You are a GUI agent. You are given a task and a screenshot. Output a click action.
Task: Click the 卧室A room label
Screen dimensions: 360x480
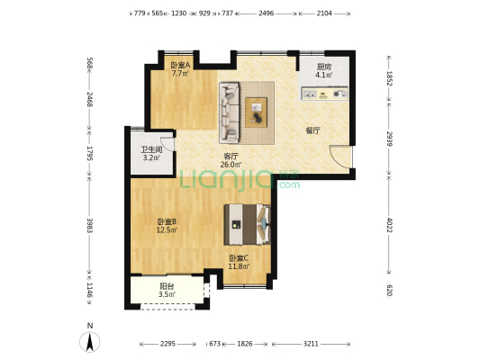tap(180, 66)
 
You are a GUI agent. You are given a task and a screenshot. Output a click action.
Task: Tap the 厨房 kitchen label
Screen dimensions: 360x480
tap(323, 67)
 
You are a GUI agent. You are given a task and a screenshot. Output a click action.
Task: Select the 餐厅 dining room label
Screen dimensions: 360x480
tap(312, 130)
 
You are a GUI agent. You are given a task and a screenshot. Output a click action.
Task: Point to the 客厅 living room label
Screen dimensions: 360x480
tap(231, 157)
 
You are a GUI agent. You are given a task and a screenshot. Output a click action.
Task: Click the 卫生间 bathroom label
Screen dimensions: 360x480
tap(151, 150)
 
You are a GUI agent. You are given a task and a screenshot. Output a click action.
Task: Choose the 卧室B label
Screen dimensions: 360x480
tap(167, 222)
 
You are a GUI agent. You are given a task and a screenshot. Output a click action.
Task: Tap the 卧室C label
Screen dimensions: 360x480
tap(238, 258)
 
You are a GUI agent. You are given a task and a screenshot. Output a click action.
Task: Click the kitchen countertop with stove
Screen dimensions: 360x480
tap(325, 93)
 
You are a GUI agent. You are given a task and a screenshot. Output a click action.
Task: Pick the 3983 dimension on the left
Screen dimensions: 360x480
tap(89, 225)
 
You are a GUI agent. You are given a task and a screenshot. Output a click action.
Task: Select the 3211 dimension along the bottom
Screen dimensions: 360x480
tap(312, 343)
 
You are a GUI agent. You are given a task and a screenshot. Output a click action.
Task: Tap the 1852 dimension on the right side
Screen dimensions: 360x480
tap(389, 78)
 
